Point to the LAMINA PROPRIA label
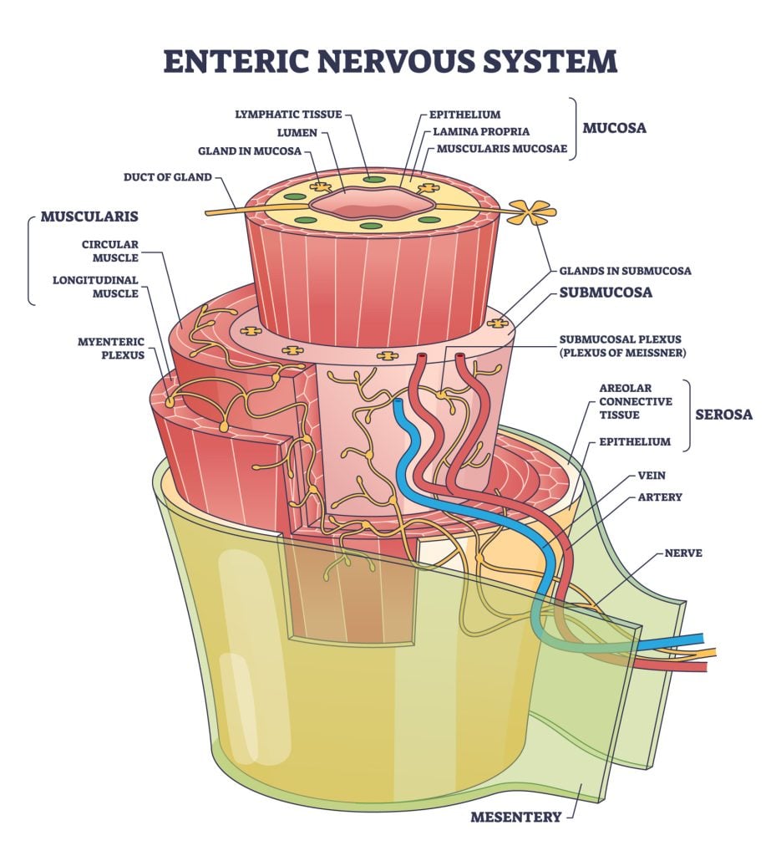pos(481,132)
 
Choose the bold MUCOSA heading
pos(615,130)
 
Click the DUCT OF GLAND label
pos(167,177)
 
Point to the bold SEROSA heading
pos(724,415)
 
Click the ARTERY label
pos(660,497)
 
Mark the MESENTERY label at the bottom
pos(516,817)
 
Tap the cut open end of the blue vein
pos(400,404)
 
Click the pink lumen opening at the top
pos(373,201)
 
